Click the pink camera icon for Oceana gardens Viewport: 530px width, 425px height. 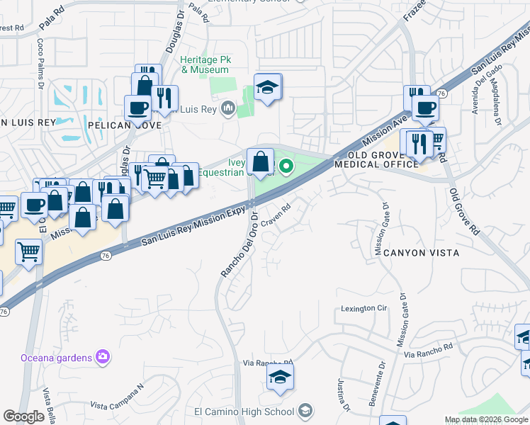pos(103,356)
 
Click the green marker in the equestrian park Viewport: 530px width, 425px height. pos(286,167)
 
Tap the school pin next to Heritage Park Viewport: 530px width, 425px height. pos(267,87)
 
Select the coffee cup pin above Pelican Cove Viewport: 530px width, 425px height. pos(137,108)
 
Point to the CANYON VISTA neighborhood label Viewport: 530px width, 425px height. pos(416,253)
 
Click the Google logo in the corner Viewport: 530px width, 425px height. pos(24,416)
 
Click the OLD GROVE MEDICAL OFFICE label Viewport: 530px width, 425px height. pos(376,159)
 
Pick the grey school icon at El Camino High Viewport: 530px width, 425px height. pos(305,411)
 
